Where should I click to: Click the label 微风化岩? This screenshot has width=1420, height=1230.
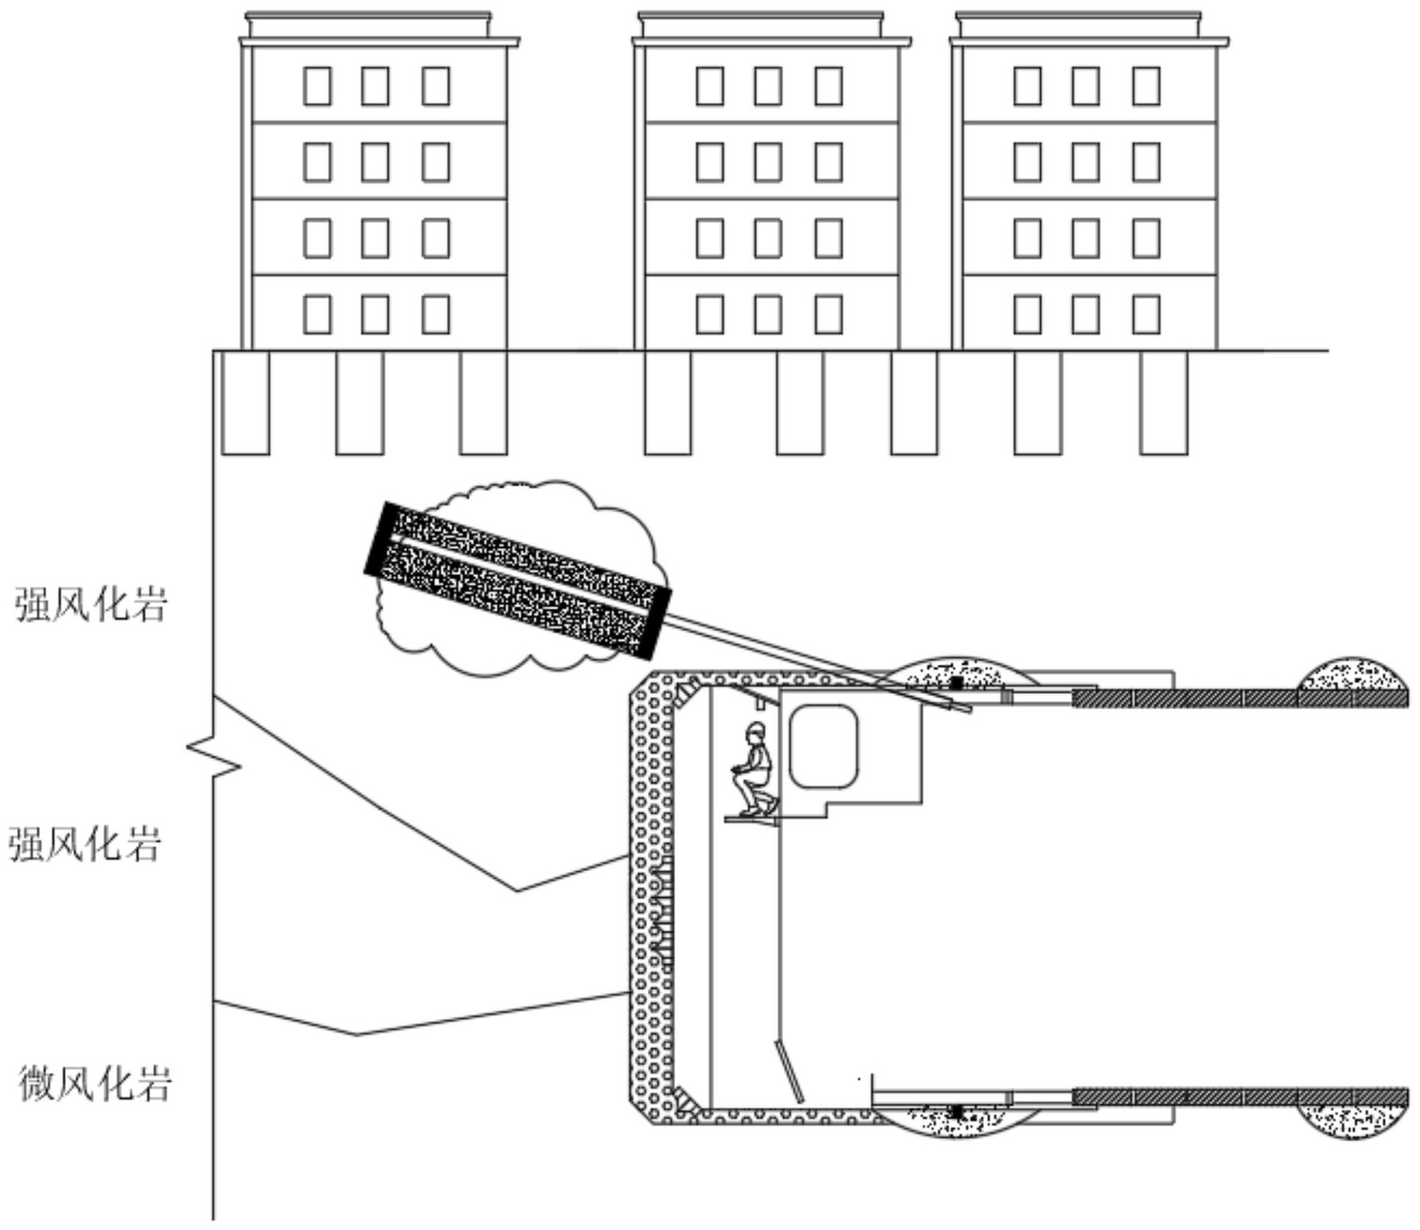point(95,1084)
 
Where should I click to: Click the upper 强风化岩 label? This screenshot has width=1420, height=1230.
point(92,604)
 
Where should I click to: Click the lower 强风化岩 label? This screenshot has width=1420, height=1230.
point(85,844)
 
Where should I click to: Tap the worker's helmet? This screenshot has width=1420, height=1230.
point(755,729)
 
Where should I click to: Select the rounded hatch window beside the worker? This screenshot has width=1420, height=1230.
point(824,746)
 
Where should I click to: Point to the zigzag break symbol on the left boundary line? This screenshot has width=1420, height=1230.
point(214,757)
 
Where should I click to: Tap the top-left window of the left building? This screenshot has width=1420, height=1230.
point(317,86)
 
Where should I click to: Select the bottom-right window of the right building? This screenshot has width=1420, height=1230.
point(1146,314)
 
